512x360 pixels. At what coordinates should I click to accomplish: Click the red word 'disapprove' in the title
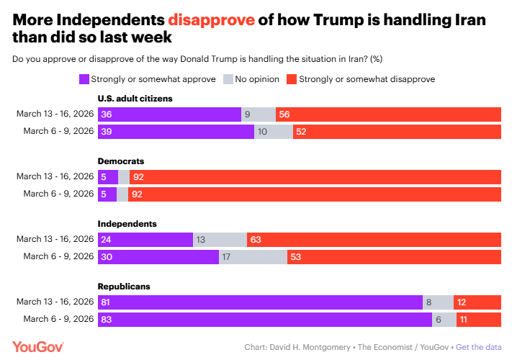(x=219, y=19)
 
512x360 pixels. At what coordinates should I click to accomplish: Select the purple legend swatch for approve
(x=85, y=78)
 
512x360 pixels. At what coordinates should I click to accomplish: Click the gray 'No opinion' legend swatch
(x=230, y=78)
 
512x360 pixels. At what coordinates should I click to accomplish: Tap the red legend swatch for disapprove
(x=291, y=78)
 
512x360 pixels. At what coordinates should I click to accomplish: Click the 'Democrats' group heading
(x=122, y=161)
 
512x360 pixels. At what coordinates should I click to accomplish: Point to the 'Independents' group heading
(x=127, y=224)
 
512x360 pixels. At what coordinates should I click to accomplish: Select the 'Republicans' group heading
(x=124, y=286)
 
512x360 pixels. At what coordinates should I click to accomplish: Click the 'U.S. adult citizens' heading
(x=135, y=98)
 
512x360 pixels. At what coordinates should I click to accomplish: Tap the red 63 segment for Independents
(x=374, y=240)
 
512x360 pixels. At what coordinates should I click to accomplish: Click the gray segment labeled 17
(x=253, y=257)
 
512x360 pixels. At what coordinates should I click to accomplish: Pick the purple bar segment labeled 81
(x=260, y=302)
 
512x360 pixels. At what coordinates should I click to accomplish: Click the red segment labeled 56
(x=398, y=114)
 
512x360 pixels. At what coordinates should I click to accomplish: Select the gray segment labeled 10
(x=274, y=131)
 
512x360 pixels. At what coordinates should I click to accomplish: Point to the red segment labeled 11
(x=488, y=320)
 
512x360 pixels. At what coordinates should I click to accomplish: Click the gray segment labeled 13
(x=220, y=240)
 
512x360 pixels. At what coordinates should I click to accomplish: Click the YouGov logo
(x=38, y=346)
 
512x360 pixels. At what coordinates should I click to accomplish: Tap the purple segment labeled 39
(x=176, y=131)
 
